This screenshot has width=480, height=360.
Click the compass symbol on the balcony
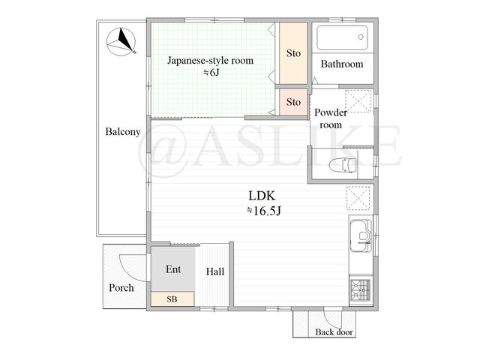tap(121, 42)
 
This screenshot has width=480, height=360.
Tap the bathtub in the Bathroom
tap(342, 37)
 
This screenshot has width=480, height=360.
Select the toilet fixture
tap(343, 166)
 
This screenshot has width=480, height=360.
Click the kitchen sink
tap(361, 235)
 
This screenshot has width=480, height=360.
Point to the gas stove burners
tap(361, 289)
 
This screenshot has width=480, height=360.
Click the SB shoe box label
tap(172, 299)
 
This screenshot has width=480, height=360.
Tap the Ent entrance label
tap(173, 269)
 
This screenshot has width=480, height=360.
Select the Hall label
tap(215, 271)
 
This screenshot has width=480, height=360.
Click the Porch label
tap(121, 288)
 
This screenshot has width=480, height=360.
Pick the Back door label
tap(334, 332)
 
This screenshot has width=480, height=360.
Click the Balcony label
tap(123, 132)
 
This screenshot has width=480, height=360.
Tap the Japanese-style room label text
tap(210, 61)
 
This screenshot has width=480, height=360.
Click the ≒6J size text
tap(211, 73)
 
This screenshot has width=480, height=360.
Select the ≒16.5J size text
tap(263, 211)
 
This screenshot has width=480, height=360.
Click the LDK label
tap(262, 196)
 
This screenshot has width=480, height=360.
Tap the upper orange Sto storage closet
tap(293, 53)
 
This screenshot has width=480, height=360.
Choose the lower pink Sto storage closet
tap(293, 102)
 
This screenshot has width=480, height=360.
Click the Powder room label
tap(331, 118)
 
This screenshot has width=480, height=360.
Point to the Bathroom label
tap(342, 64)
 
